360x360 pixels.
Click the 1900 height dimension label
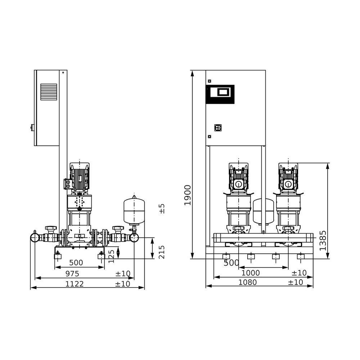(188, 195)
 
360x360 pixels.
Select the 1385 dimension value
(323, 240)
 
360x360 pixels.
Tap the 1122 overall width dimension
(75, 284)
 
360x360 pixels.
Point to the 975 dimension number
(72, 274)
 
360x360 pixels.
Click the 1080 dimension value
(248, 282)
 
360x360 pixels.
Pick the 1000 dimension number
(251, 273)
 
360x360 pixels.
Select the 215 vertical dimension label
(162, 252)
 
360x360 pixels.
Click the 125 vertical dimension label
(111, 256)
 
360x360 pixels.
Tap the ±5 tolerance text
(162, 208)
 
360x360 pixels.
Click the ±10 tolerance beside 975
(123, 274)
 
